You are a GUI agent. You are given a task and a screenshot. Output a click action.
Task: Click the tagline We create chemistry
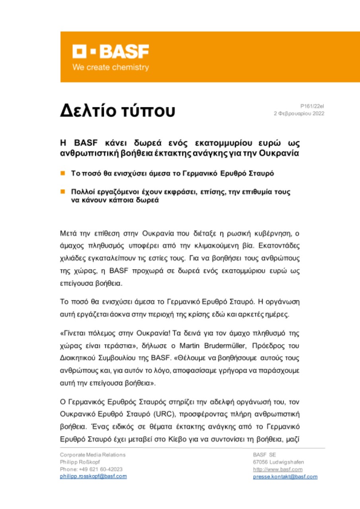110,67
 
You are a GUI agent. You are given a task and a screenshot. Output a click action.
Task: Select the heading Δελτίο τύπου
118,111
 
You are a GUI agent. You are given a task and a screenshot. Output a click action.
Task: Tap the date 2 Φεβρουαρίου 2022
298,113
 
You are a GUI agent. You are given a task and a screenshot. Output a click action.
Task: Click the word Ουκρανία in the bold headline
288,153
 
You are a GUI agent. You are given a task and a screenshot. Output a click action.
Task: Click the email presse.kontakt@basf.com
285,476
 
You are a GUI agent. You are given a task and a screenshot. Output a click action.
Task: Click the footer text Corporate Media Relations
93,455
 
